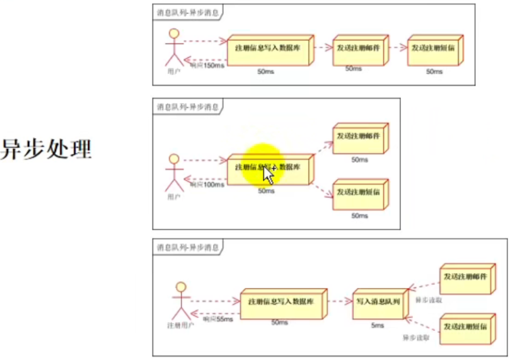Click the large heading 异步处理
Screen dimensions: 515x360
pos(47,149)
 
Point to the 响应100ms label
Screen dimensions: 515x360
pos(207,185)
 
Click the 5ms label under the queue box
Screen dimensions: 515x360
pos(378,325)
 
